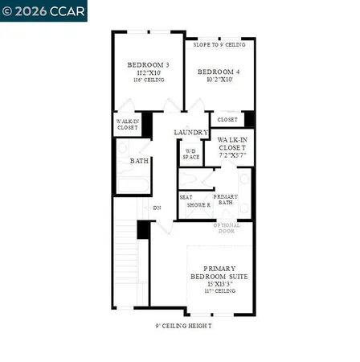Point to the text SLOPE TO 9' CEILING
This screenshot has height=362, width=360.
coord(219,44)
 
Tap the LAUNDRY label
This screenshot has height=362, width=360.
coord(191,132)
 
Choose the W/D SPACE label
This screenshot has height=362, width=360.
coord(190,154)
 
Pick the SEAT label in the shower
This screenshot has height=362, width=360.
coord(186,196)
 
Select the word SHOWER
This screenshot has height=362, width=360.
coord(198,205)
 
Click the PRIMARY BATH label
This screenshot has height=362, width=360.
coord(225,200)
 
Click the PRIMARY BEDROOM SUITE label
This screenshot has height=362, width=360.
coord(225,272)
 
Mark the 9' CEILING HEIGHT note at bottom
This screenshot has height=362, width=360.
coord(183,326)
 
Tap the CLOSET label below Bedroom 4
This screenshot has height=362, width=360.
coord(227,119)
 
